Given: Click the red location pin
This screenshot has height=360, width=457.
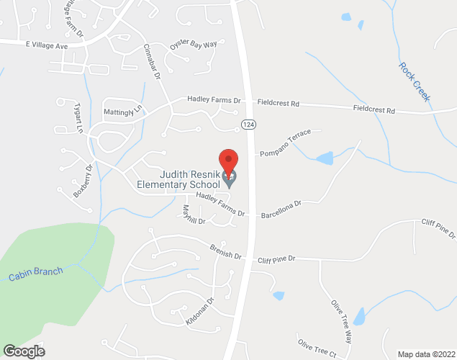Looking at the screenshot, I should [228, 161].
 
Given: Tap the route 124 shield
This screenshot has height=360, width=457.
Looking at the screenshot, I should [248, 125].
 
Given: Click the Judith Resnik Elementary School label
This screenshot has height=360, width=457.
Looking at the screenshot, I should [179, 179].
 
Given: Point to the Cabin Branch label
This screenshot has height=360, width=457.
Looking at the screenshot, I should [36, 274].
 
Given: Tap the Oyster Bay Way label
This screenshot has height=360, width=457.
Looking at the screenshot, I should [193, 45].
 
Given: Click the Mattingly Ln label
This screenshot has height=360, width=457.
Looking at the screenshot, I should [123, 111].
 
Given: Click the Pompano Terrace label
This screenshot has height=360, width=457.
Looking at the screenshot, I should [285, 143].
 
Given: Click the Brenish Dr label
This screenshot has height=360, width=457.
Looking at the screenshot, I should [226, 253].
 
